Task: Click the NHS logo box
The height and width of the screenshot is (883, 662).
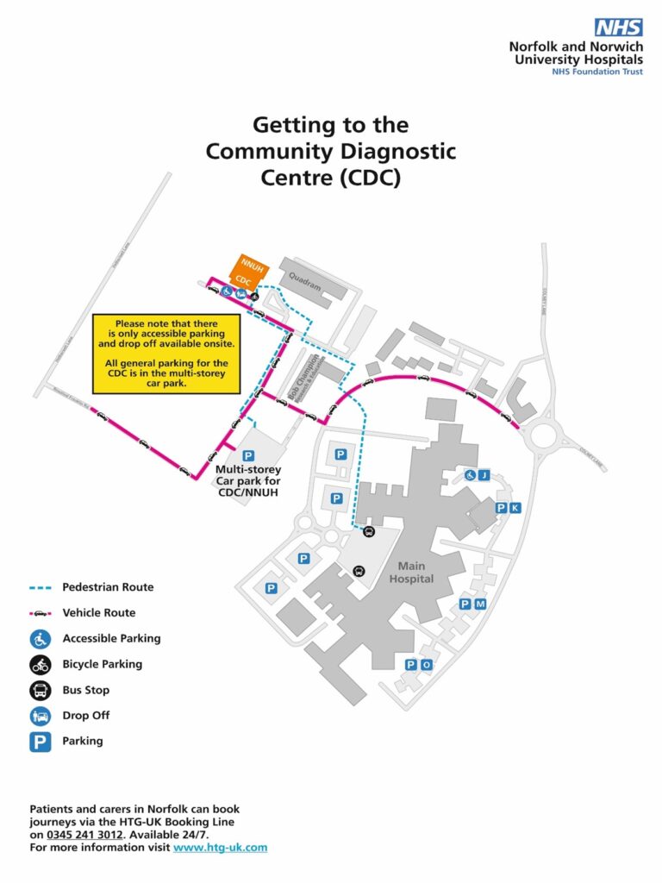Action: [618, 27]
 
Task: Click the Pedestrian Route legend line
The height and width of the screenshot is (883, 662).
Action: [41, 587]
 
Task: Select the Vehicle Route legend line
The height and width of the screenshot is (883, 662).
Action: [41, 613]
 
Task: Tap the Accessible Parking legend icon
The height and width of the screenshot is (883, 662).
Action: [41, 639]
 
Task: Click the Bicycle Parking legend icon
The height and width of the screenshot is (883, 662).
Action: [41, 664]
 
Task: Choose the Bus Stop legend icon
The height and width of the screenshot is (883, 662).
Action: [41, 690]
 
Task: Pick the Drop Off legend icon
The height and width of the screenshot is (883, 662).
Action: [41, 715]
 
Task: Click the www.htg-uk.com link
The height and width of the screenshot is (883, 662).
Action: [220, 848]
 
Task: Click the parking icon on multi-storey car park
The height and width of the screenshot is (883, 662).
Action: [248, 455]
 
